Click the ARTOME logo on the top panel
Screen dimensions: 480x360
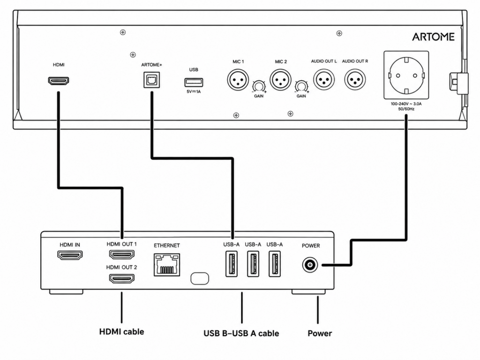(433, 37)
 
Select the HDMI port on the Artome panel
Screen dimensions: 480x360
(59, 81)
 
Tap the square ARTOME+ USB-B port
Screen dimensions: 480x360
(152, 80)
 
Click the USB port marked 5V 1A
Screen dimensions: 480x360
(194, 82)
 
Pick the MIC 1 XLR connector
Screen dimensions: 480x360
(238, 80)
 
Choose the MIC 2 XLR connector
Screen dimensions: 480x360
(280, 80)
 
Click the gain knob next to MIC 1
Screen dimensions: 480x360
(259, 87)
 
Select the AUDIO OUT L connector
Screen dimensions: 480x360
(323, 80)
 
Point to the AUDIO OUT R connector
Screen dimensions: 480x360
(355, 80)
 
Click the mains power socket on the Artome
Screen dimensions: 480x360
(406, 75)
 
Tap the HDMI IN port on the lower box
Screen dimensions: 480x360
(70, 255)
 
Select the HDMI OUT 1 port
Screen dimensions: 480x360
(122, 255)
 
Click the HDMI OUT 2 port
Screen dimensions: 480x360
(122, 278)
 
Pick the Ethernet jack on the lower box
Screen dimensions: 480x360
(167, 265)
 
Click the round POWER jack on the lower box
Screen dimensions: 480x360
(310, 265)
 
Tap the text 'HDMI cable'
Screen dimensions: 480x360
(121, 332)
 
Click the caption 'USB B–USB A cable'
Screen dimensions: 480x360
(241, 333)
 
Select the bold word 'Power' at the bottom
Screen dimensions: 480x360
(320, 333)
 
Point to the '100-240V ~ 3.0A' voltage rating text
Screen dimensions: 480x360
(406, 104)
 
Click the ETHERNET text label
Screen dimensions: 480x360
(167, 246)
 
